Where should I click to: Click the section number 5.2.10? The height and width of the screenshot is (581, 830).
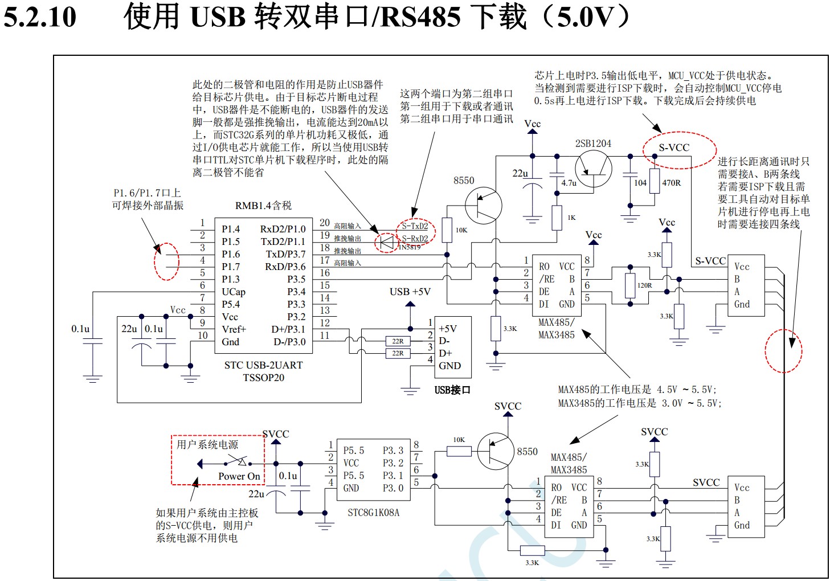click(40, 17)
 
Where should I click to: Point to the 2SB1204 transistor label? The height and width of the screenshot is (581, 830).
click(593, 144)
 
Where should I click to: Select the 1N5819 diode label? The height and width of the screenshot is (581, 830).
click(409, 247)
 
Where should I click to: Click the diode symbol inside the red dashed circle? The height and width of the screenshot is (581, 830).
click(387, 242)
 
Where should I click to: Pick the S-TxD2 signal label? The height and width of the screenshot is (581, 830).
click(415, 226)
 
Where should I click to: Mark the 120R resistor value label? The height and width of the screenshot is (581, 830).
click(644, 285)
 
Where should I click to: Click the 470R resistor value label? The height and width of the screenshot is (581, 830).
click(671, 183)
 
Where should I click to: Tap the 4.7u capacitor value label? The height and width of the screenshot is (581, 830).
click(569, 183)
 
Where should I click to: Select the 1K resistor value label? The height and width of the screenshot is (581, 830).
click(571, 218)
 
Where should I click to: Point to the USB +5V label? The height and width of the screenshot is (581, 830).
click(410, 292)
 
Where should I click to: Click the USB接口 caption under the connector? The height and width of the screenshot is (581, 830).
click(452, 390)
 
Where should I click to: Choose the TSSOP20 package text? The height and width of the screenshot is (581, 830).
click(263, 378)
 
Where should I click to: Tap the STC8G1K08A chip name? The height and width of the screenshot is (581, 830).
click(373, 513)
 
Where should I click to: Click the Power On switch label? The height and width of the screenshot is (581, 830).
click(239, 476)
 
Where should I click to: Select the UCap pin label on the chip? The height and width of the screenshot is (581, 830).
click(234, 292)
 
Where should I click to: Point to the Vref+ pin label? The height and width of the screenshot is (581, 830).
click(234, 329)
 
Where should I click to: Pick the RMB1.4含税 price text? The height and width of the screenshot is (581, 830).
click(263, 206)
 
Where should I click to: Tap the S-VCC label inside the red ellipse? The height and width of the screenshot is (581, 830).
click(674, 148)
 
